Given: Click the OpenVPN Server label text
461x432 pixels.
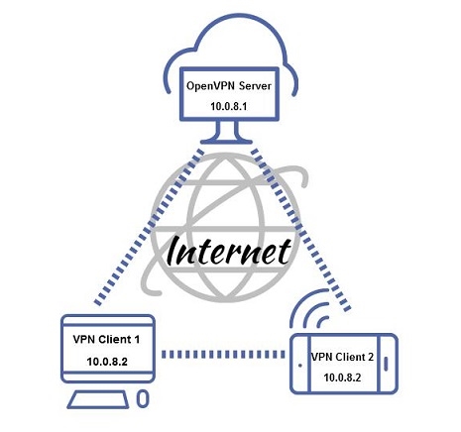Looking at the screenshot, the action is (x=229, y=86).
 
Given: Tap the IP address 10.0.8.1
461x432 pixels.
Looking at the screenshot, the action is (x=229, y=107).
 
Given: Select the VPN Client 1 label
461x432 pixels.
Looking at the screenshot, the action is (x=106, y=339).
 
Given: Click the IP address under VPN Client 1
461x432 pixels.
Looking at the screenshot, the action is (x=107, y=362).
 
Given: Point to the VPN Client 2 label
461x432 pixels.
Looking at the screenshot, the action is (x=343, y=357).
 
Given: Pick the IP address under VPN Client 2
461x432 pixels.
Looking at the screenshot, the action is (x=342, y=378).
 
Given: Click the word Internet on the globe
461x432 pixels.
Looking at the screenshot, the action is (x=229, y=251).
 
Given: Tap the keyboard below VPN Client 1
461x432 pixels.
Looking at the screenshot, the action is (x=98, y=399).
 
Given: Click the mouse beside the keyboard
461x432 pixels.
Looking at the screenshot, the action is (x=143, y=399).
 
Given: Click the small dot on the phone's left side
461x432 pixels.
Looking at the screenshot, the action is (x=300, y=366).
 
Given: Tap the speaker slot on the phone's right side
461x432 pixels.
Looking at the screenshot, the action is (x=386, y=364).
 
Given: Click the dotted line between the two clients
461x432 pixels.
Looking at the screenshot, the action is (x=223, y=355).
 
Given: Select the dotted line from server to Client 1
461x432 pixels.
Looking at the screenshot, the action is (x=149, y=227).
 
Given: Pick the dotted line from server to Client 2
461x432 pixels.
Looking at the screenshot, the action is (x=300, y=230).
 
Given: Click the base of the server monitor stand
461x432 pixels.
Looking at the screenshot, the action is (x=227, y=142).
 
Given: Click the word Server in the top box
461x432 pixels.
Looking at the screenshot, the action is (x=255, y=86).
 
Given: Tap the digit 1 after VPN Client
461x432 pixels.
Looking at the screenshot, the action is (x=137, y=339).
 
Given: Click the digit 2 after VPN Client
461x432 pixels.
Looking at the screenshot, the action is (x=371, y=357).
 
